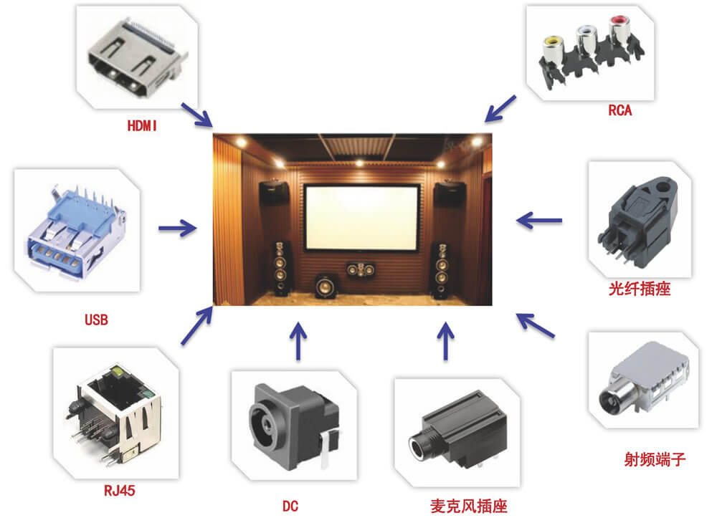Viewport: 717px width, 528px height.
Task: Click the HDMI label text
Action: click(x=142, y=125)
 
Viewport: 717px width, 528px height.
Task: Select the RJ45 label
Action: click(x=118, y=491)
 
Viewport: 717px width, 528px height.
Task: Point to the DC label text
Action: click(x=290, y=507)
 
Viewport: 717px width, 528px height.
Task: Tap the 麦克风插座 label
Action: click(x=464, y=507)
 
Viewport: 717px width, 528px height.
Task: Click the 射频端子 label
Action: click(x=655, y=459)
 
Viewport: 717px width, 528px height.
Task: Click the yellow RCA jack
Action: click(x=553, y=47)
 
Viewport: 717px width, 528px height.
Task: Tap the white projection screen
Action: click(x=361, y=217)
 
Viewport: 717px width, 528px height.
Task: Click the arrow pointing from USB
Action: click(x=177, y=229)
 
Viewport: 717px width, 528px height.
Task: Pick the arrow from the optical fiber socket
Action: click(x=539, y=220)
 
